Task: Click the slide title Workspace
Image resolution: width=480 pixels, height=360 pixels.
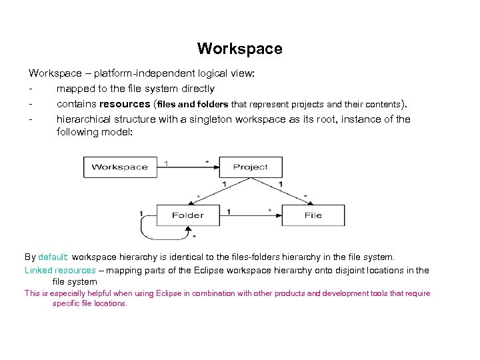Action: pyautogui.click(x=239, y=49)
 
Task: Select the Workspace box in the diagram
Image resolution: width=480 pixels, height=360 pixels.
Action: pyautogui.click(x=119, y=167)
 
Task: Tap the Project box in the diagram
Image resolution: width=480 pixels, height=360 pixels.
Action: pyautogui.click(x=251, y=167)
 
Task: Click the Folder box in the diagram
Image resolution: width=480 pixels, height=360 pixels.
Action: pyautogui.click(x=187, y=215)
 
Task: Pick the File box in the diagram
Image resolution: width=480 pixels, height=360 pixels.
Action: pyautogui.click(x=313, y=215)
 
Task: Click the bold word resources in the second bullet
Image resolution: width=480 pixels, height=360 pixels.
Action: pyautogui.click(x=125, y=104)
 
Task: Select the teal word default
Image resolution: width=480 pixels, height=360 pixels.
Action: pyautogui.click(x=53, y=257)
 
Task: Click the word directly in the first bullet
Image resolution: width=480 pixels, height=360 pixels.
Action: pyautogui.click(x=197, y=89)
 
